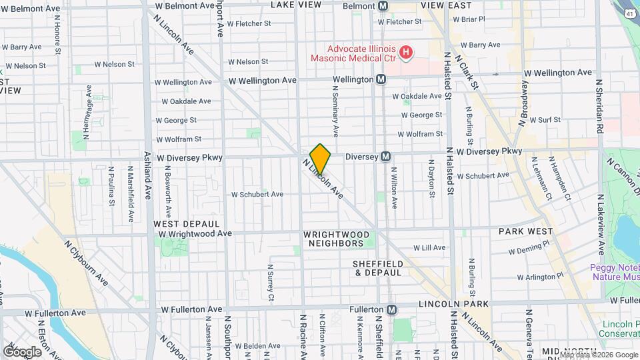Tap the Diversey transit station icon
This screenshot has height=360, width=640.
[385, 157]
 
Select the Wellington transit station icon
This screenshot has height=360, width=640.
[381, 79]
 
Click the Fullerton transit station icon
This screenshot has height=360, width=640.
[392, 309]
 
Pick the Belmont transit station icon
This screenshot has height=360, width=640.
[383, 5]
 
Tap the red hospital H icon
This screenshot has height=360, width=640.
[405, 51]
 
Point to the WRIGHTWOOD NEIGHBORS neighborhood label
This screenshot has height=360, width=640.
[336, 239]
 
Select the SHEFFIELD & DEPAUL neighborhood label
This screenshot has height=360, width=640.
[378, 268]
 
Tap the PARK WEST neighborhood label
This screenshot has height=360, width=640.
[526, 231]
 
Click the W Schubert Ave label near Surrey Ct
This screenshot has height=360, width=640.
[257, 195]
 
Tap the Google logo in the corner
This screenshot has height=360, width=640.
[23, 351]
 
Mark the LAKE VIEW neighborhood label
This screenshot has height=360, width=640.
[297, 5]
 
